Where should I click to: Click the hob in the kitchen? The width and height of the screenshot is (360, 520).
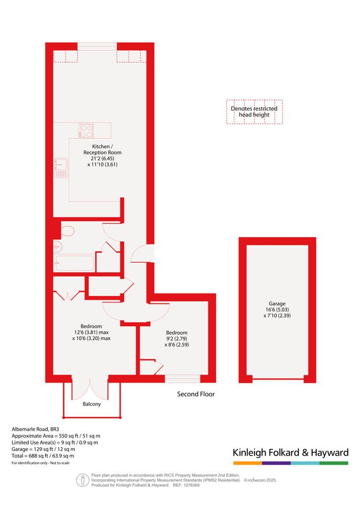(x=86, y=131)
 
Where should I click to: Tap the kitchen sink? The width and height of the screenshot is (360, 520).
(x=61, y=168)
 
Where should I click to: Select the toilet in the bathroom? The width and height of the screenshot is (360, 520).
(x=67, y=231)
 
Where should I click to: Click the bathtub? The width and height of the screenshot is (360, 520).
(x=75, y=263)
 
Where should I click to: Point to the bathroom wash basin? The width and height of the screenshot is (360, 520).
(x=58, y=246)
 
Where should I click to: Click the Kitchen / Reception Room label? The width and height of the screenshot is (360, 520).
(x=102, y=149)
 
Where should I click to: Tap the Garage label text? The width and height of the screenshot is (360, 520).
(x=277, y=304)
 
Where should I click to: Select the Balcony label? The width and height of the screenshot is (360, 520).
(x=92, y=404)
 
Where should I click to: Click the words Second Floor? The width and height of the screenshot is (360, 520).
(x=196, y=394)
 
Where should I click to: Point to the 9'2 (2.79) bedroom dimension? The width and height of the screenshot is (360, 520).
(x=177, y=339)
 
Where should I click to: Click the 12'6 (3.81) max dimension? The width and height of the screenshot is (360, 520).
(x=91, y=332)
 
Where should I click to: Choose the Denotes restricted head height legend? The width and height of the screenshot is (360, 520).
(x=254, y=112)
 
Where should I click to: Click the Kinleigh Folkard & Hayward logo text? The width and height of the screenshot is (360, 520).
(x=291, y=453)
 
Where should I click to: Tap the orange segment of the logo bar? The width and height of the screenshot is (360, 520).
(x=248, y=463)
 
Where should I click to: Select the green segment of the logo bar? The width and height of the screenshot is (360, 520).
(x=334, y=463)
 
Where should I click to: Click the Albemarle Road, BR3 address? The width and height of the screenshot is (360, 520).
(x=35, y=429)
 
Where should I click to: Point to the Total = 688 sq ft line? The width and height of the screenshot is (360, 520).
(x=43, y=456)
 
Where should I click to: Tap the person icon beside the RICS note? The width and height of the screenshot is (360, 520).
(x=83, y=480)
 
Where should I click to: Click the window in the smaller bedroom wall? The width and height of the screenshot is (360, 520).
(x=182, y=379)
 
